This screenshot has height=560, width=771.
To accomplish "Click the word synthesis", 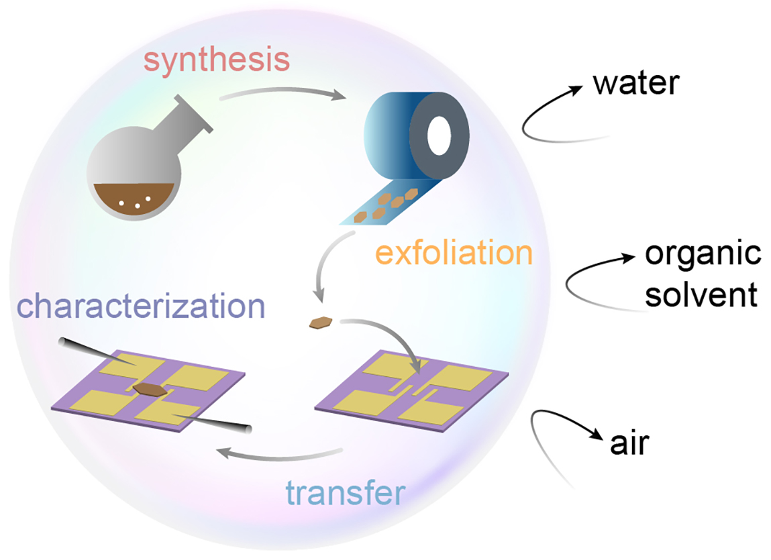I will (217, 61).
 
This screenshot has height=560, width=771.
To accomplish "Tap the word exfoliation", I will (454, 254).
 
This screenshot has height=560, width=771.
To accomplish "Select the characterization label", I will (142, 306).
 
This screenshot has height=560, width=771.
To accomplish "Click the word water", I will (636, 85).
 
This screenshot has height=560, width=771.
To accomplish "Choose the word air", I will (631, 444).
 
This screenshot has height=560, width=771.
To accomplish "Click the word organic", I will (703, 256).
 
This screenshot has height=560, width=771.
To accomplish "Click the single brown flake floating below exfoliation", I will (321, 323).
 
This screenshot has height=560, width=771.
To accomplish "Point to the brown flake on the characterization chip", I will (146, 388).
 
